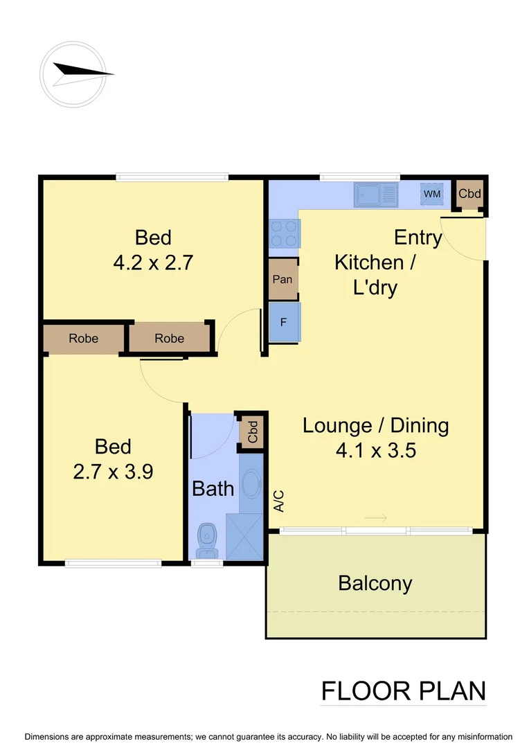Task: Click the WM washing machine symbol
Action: pyautogui.click(x=432, y=194)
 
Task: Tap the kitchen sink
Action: pyautogui.click(x=377, y=194)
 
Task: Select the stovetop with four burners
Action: pyautogui.click(x=285, y=233)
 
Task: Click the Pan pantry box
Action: pyautogui.click(x=283, y=280)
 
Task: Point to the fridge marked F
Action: pyautogui.click(x=284, y=323)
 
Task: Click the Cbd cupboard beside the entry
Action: pyautogui.click(x=470, y=194)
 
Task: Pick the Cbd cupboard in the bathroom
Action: pyautogui.click(x=252, y=432)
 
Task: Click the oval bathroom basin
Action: pyautogui.click(x=250, y=482)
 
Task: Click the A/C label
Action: pyautogui.click(x=279, y=501)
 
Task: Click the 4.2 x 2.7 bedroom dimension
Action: pyautogui.click(x=153, y=263)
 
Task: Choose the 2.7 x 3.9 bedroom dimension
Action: pyautogui.click(x=113, y=472)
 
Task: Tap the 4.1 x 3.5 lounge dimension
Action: pyautogui.click(x=375, y=451)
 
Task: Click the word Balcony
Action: pyautogui.click(x=375, y=583)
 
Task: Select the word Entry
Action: pyautogui.click(x=418, y=238)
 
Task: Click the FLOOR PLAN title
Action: pyautogui.click(x=403, y=691)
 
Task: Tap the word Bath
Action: pyautogui.click(x=213, y=489)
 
